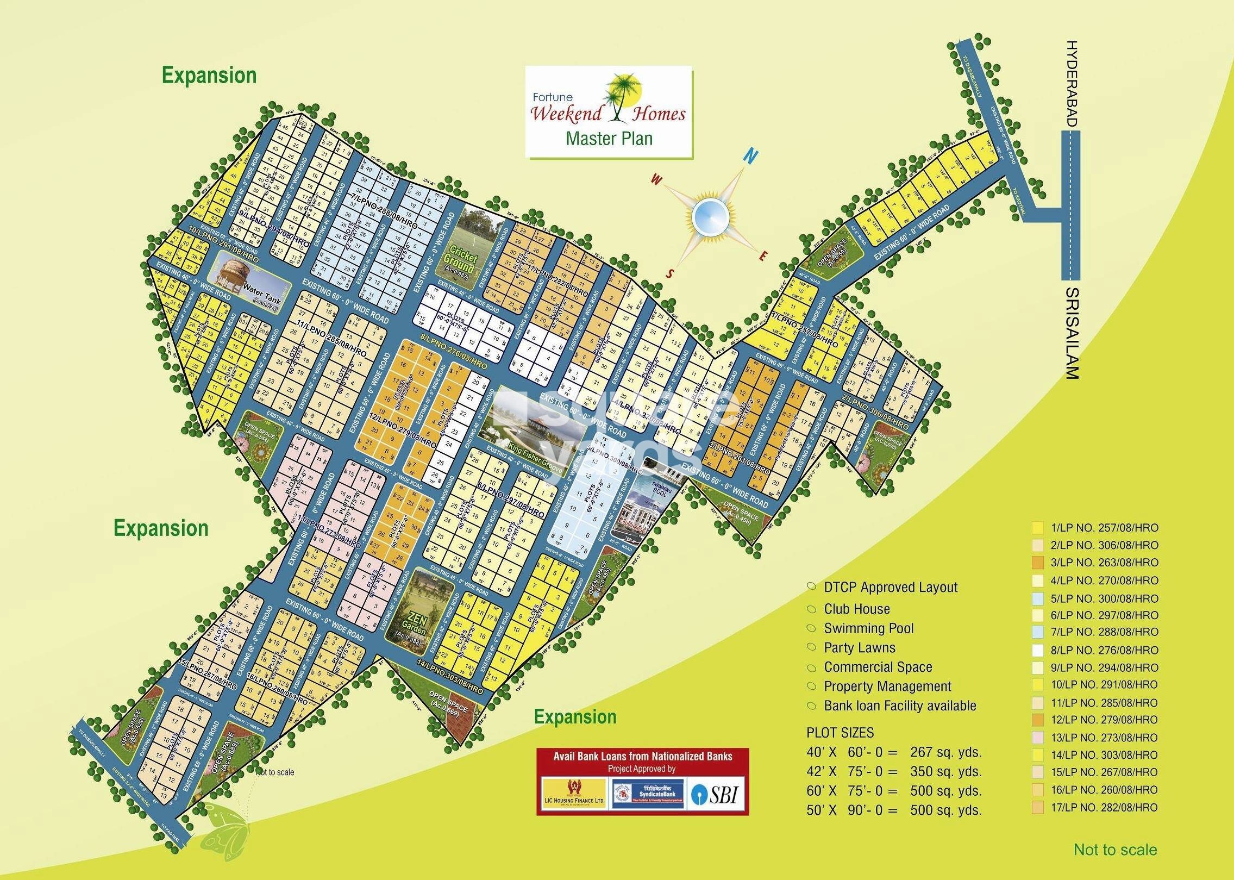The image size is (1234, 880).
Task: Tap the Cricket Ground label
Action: (460, 260)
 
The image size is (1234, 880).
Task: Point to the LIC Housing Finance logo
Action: (574, 794)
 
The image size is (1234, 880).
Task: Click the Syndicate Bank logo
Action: (647, 794)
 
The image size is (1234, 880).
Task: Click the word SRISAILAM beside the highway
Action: (1070, 332)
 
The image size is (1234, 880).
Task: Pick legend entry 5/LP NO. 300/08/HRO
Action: (1104, 598)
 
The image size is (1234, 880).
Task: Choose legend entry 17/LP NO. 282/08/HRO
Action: (1104, 807)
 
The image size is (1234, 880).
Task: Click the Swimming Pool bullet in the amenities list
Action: (868, 628)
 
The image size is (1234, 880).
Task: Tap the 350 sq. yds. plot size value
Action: (946, 771)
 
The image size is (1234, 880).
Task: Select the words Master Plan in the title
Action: (609, 139)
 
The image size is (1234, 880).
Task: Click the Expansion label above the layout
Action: (209, 76)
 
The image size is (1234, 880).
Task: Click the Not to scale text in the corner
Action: (1115, 850)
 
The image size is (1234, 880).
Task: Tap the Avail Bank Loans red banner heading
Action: (642, 756)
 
